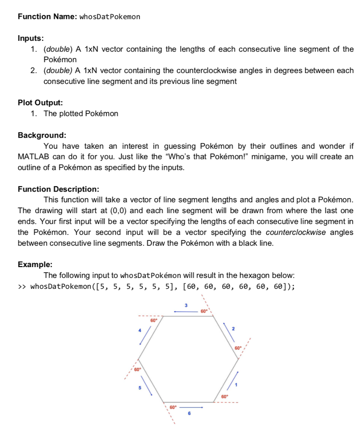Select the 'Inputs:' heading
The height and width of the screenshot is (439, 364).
(x=30, y=38)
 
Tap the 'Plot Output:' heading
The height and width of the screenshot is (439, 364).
(x=40, y=103)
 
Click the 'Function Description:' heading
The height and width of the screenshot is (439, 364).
(x=58, y=189)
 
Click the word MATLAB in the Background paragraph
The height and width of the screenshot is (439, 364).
(x=34, y=157)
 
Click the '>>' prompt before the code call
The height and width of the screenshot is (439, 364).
(x=22, y=287)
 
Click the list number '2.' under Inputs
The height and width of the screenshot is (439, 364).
(x=35, y=71)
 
